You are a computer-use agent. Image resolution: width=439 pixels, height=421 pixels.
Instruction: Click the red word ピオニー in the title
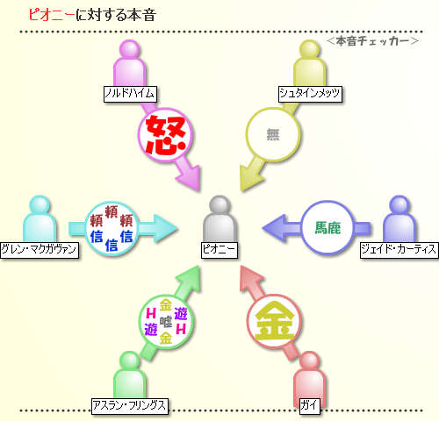tap(52, 15)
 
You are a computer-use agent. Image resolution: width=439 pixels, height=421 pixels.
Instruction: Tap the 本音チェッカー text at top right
tap(372, 41)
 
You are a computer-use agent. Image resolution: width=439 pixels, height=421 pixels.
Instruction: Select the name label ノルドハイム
tap(130, 94)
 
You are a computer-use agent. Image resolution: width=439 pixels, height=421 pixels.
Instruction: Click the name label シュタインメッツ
tap(310, 94)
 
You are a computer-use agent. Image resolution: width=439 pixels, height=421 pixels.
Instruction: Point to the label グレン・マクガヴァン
tap(40, 250)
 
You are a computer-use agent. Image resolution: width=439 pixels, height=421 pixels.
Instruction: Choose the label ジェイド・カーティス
tap(399, 250)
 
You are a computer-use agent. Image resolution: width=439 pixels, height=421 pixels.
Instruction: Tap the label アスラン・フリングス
tap(130, 406)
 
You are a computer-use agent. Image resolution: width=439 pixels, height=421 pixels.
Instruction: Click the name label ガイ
tap(309, 406)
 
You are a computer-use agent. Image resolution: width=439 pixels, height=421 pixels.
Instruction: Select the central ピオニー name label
tap(219, 250)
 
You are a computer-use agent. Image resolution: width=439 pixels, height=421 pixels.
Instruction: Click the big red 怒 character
tap(166, 135)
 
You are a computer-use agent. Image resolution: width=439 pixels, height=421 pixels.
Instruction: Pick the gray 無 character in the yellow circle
tap(273, 134)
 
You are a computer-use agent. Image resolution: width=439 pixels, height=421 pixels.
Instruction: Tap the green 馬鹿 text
tap(327, 228)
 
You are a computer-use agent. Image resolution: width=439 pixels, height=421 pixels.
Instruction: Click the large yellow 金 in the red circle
tap(274, 321)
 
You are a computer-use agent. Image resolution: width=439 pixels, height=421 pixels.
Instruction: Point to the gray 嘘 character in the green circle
tap(166, 322)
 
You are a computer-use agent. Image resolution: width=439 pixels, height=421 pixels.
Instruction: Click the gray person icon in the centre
tap(219, 218)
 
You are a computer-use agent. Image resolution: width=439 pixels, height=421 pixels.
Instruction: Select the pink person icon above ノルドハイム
tap(130, 63)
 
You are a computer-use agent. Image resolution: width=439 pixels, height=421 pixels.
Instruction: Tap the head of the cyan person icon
tap(40, 204)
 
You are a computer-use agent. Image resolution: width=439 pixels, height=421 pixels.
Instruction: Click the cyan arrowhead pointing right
tap(164, 228)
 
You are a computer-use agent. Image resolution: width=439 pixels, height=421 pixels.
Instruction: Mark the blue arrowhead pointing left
tap(275, 228)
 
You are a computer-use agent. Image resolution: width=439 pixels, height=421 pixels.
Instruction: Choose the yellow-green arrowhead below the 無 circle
tap(249, 176)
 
